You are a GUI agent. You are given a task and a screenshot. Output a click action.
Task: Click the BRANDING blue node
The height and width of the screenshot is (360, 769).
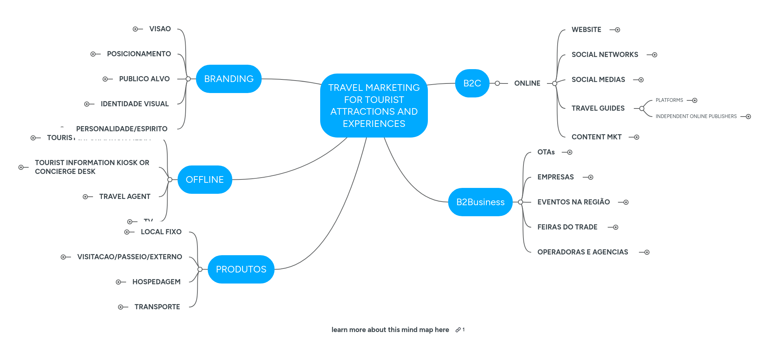click(229, 79)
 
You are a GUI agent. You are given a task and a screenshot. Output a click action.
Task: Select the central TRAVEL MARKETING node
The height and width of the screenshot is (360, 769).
click(374, 106)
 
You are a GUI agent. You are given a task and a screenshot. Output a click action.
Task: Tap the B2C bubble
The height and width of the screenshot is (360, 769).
click(472, 83)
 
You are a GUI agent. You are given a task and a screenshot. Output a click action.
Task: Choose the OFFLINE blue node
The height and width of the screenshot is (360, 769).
click(205, 179)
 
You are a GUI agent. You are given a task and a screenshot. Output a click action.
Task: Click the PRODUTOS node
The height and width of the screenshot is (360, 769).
click(241, 269)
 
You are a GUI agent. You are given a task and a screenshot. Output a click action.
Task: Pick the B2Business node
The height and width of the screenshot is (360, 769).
click(480, 202)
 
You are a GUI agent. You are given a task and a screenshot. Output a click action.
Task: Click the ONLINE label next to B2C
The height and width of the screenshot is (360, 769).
click(527, 83)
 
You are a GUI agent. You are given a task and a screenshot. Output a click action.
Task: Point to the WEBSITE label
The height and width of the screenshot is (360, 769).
click(586, 30)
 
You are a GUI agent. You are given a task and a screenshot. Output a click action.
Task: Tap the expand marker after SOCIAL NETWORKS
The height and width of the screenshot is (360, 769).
click(655, 55)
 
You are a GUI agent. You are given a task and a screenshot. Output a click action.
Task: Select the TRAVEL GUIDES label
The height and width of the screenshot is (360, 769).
click(598, 108)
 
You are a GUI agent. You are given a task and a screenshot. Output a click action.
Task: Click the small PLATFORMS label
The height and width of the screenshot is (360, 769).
click(669, 100)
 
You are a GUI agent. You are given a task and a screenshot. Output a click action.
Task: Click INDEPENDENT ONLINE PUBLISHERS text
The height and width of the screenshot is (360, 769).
click(696, 117)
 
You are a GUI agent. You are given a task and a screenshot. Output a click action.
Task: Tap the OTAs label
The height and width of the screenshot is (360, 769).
click(546, 152)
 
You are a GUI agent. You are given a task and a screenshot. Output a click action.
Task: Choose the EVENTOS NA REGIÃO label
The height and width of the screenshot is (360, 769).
click(573, 202)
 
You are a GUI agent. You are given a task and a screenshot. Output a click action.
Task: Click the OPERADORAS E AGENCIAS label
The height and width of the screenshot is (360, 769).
click(583, 252)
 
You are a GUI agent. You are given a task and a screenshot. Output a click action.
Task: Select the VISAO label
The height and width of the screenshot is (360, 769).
click(160, 29)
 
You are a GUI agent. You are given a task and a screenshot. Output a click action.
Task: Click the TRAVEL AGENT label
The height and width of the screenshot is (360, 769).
click(125, 197)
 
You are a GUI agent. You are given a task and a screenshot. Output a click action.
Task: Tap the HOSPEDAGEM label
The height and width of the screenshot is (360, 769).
click(156, 282)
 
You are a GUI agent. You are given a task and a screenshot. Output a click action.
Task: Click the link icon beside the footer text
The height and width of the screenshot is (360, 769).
click(458, 330)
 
